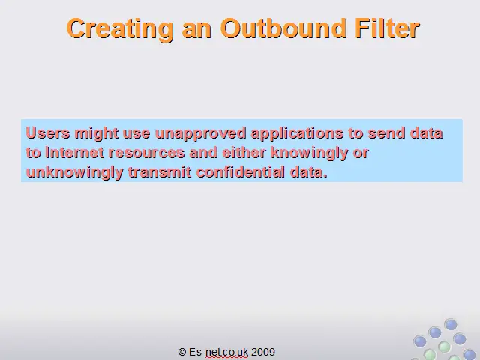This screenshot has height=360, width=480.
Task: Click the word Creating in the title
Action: tap(120, 29)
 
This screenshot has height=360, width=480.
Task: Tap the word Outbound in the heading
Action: tap(283, 28)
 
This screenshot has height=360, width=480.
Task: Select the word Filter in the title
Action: tap(387, 28)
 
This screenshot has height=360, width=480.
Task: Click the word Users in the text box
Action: tap(48, 133)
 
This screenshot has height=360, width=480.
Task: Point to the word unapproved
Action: tap(200, 134)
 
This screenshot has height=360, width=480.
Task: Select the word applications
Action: tap(297, 134)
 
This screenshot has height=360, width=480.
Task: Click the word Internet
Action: tap(75, 153)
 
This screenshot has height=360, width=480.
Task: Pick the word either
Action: tap(244, 153)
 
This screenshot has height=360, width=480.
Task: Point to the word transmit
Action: tap(160, 172)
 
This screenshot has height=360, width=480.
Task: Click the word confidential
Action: tap(241, 172)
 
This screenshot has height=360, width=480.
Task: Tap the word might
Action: tap(97, 134)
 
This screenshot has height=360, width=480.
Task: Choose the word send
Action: tap(387, 133)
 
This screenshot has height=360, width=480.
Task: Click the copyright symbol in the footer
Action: tap(182, 352)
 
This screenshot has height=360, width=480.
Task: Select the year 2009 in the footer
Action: tap(263, 352)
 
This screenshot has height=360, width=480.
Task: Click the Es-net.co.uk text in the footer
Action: tap(218, 352)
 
